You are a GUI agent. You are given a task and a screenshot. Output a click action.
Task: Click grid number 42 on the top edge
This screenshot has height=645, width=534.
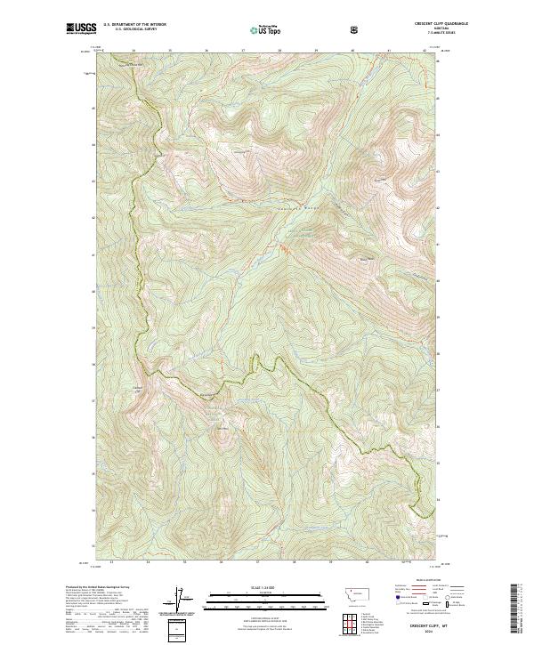425,51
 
